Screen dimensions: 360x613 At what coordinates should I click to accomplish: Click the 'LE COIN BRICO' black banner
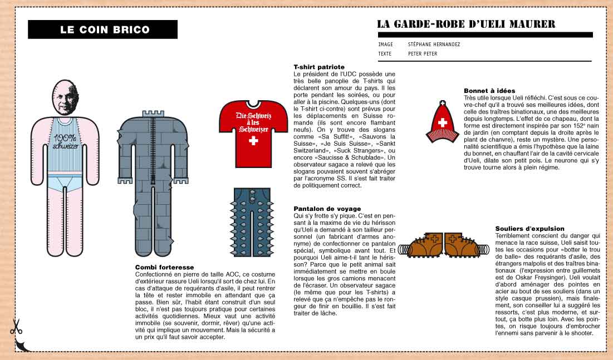[x=105, y=30]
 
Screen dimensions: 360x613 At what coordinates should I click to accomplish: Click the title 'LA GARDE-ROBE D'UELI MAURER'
[x=466, y=24]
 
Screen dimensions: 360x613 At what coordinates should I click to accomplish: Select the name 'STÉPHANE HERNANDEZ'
[x=434, y=45]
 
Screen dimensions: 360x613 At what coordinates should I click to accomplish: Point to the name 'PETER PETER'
[x=422, y=54]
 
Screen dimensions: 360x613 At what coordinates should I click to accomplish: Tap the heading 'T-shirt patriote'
[x=319, y=67]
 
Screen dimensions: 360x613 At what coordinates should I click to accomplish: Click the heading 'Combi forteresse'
[x=165, y=267]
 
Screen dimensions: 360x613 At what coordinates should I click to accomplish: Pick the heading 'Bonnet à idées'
[x=489, y=90]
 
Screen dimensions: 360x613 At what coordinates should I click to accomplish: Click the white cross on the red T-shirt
[x=253, y=142]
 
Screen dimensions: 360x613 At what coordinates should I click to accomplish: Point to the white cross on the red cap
[x=443, y=122]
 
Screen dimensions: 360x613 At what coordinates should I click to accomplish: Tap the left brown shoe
[x=421, y=246]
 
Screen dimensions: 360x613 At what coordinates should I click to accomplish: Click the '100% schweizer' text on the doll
[x=67, y=143]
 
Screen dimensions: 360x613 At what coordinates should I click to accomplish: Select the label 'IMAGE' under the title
[x=385, y=45]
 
